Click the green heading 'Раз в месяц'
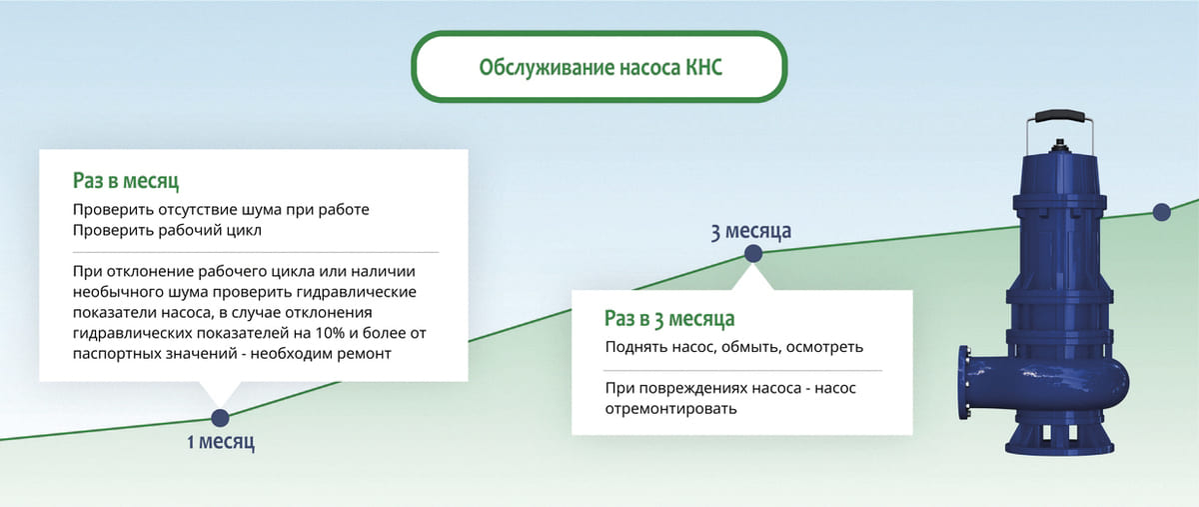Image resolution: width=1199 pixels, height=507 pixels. click(x=126, y=181)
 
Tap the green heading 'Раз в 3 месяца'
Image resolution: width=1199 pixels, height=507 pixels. click(x=669, y=319)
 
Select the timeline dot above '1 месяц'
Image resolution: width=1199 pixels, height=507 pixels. click(x=220, y=418)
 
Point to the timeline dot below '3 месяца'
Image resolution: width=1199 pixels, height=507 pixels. click(x=753, y=255)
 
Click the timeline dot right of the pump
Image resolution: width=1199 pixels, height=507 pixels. click(x=1161, y=211)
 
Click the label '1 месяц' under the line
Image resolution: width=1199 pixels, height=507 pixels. click(x=221, y=442)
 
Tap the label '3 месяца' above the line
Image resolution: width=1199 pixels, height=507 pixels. click(x=751, y=231)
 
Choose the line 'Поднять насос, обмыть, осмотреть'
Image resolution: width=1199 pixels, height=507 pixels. click(x=734, y=347)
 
